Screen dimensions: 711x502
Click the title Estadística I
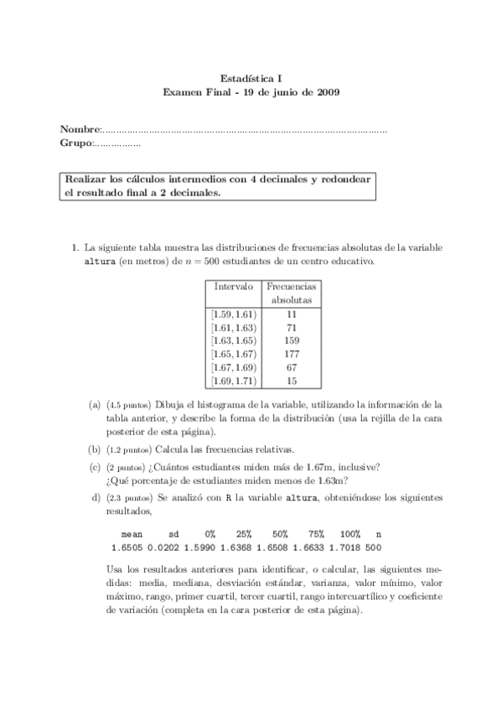251,75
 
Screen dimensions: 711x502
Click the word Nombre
80,130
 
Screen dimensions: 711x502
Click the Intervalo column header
234,286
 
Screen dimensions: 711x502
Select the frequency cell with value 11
292,314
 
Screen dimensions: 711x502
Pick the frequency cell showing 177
292,354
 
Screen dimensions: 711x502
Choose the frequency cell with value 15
292,381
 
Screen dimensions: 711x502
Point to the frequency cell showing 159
292,340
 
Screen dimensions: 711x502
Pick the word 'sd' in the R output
174,533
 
